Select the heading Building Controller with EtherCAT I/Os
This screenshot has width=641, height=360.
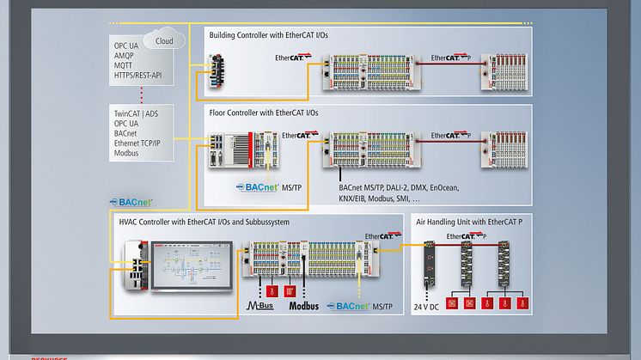point(267,34)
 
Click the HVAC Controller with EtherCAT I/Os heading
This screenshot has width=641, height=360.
point(204,222)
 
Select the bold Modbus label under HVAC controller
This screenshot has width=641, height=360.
point(303,306)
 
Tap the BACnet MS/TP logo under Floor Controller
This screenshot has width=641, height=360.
point(268,186)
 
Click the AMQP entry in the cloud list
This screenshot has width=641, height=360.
point(125,54)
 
